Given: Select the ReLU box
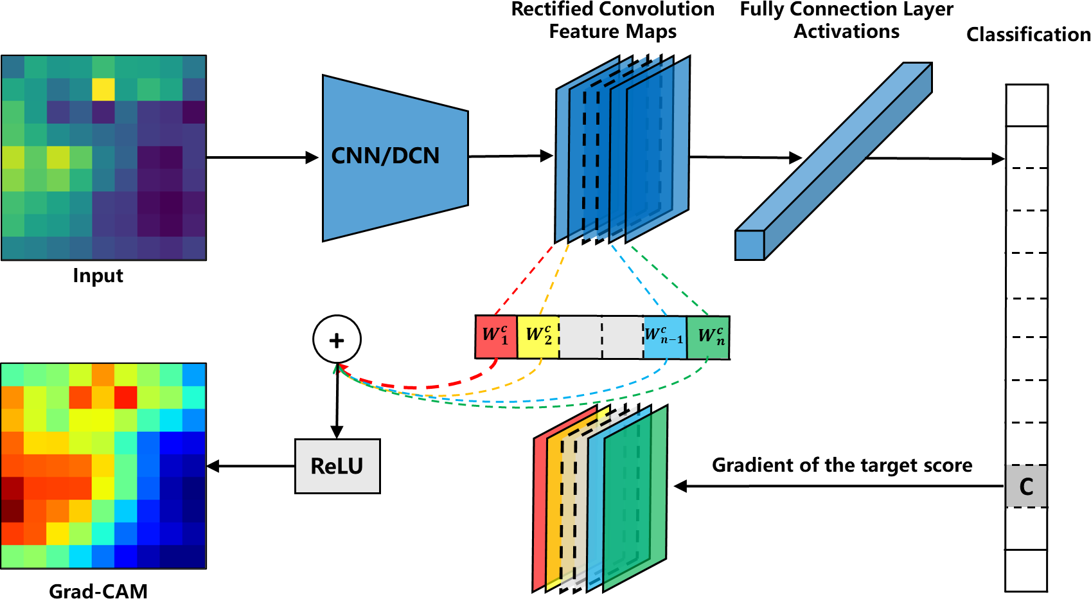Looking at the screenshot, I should (337, 466).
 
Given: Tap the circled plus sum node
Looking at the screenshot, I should (337, 339).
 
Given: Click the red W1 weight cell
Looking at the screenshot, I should (495, 336).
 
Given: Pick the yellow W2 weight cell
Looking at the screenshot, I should (538, 336).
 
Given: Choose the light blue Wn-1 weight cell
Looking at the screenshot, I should (664, 336).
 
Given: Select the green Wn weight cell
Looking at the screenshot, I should (709, 336).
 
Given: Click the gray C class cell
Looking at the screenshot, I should (1026, 487).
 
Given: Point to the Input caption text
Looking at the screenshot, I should (98, 276).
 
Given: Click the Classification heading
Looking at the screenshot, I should (1028, 35).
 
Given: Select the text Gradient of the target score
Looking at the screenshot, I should (842, 465).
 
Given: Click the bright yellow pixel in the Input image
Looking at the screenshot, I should (103, 89).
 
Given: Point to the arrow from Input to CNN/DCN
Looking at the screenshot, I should (263, 157).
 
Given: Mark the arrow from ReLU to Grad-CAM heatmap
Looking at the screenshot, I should (251, 467).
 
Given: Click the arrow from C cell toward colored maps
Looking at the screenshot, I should (835, 487).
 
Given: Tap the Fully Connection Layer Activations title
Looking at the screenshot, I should (846, 21).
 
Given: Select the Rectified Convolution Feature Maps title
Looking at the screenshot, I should (612, 21).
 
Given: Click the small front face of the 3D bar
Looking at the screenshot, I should (750, 245).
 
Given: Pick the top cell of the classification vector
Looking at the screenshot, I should (1027, 105).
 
